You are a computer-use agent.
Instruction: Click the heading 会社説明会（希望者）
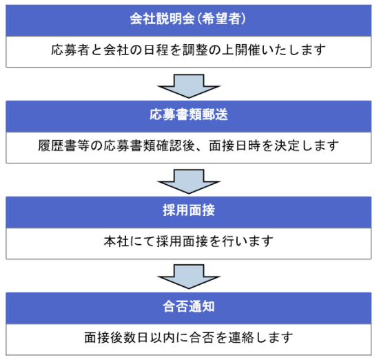click(188, 19)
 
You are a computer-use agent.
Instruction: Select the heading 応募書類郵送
click(189, 114)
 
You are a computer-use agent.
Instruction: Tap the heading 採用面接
click(189, 210)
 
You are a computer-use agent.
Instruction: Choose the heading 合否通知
click(189, 306)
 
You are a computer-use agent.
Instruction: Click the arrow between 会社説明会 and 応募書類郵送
click(189, 86)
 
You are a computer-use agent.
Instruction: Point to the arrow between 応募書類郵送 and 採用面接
click(189, 181)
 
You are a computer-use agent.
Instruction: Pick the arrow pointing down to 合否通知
click(189, 277)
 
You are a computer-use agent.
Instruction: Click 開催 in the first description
click(247, 50)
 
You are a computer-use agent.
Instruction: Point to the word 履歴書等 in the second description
click(63, 146)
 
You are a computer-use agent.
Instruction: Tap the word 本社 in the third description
click(116, 241)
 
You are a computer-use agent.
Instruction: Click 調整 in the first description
click(195, 50)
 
